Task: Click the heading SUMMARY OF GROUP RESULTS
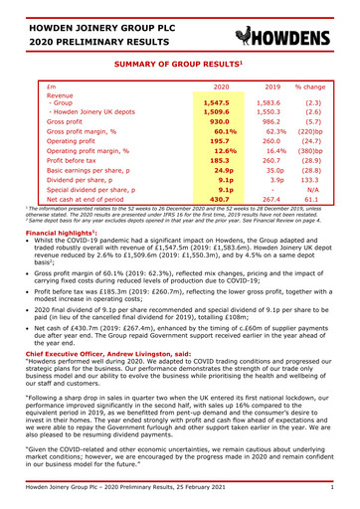[179, 65]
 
